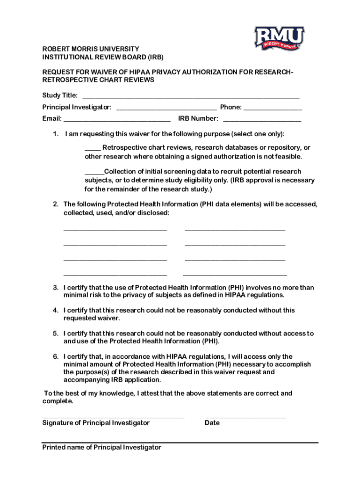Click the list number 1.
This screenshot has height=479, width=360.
coord(55,134)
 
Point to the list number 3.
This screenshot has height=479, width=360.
coord(55,288)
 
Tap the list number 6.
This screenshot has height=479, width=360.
coord(55,356)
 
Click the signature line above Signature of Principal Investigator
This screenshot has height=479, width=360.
coord(113,416)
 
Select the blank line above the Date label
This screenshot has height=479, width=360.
coord(246,416)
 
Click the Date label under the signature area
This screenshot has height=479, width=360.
coord(212,423)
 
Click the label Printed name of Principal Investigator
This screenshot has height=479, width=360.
coord(101,448)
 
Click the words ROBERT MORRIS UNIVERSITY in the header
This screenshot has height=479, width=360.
coord(91,49)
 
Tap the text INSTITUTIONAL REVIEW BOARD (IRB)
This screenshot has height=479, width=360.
coord(103,57)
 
